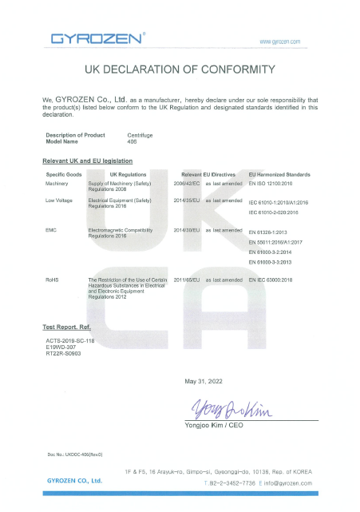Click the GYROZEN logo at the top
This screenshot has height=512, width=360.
pyautogui.click(x=97, y=38)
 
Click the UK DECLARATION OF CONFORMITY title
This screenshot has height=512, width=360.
pyautogui.click(x=180, y=69)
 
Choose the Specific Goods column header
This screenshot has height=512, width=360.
pyautogui.click(x=65, y=173)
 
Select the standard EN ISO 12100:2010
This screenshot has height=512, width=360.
pyautogui.click(x=275, y=182)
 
